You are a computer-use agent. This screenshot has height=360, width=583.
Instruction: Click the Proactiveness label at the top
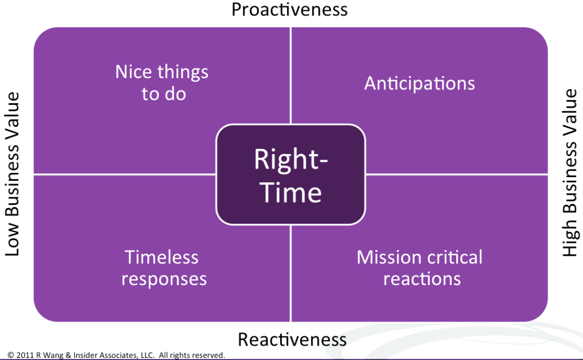coord(289,10)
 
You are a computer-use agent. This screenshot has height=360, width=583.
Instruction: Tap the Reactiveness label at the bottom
coord(292,339)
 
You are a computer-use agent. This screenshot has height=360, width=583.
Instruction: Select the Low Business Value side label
coord(12,174)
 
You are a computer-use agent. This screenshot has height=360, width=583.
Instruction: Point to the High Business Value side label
coord(570,173)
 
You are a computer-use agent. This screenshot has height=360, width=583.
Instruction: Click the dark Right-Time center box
coord(291,174)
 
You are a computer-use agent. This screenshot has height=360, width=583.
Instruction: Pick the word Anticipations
coord(419,83)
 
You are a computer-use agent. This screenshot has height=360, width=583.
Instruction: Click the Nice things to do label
coord(162,82)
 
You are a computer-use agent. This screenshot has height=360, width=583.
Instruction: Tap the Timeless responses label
coord(164,268)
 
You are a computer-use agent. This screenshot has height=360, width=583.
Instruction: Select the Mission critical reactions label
coord(420,268)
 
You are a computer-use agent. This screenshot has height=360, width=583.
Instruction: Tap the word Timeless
coord(162,257)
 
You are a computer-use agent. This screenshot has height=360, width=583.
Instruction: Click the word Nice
coord(134,72)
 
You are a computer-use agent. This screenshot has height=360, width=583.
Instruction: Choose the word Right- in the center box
coord(291,159)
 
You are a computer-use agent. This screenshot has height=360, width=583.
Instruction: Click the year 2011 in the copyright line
coord(25,355)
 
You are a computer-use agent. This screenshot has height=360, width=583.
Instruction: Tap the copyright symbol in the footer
coord(11,355)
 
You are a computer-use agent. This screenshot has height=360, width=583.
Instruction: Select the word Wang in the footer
coord(53,356)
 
